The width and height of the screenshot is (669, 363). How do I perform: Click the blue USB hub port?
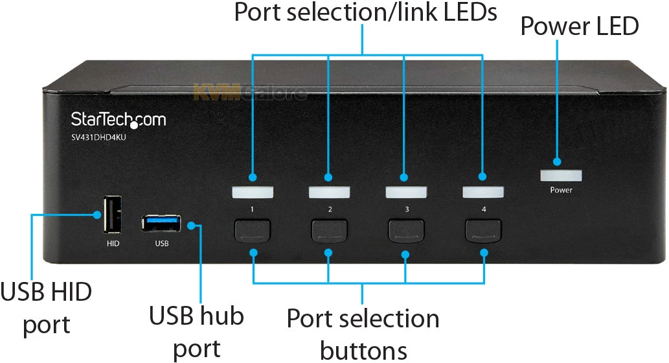(161, 223)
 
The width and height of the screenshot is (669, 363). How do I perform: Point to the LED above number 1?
(253, 192)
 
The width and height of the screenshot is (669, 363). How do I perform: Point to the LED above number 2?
(329, 192)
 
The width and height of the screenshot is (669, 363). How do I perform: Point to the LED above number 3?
(406, 192)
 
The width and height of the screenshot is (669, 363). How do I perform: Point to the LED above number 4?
(482, 192)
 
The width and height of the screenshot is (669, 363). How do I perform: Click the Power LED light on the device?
(561, 175)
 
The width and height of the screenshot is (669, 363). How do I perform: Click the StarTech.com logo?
(118, 119)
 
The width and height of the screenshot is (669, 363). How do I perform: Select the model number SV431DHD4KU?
(98, 136)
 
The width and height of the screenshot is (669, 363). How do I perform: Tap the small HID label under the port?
(113, 244)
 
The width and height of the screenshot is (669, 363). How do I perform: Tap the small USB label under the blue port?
(162, 244)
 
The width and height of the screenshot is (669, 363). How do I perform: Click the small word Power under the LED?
(561, 191)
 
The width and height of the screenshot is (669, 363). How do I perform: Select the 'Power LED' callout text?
(580, 27)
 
